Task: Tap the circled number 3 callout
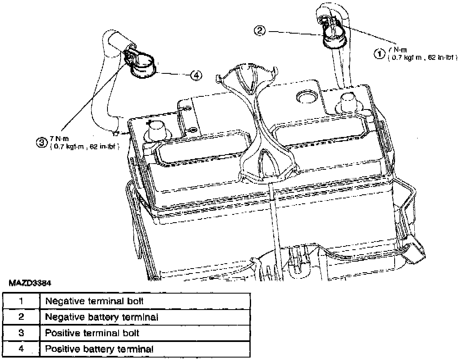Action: coord(41,142)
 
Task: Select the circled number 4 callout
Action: coord(196,75)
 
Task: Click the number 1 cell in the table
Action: coord(21,301)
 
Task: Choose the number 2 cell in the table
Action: coord(21,317)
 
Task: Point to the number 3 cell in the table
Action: coord(21,333)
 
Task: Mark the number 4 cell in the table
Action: coord(21,349)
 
